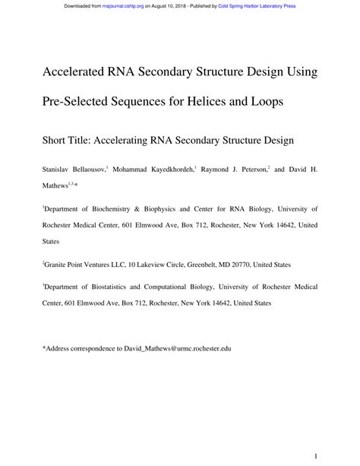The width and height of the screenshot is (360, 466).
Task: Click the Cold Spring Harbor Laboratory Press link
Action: point(257,6)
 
